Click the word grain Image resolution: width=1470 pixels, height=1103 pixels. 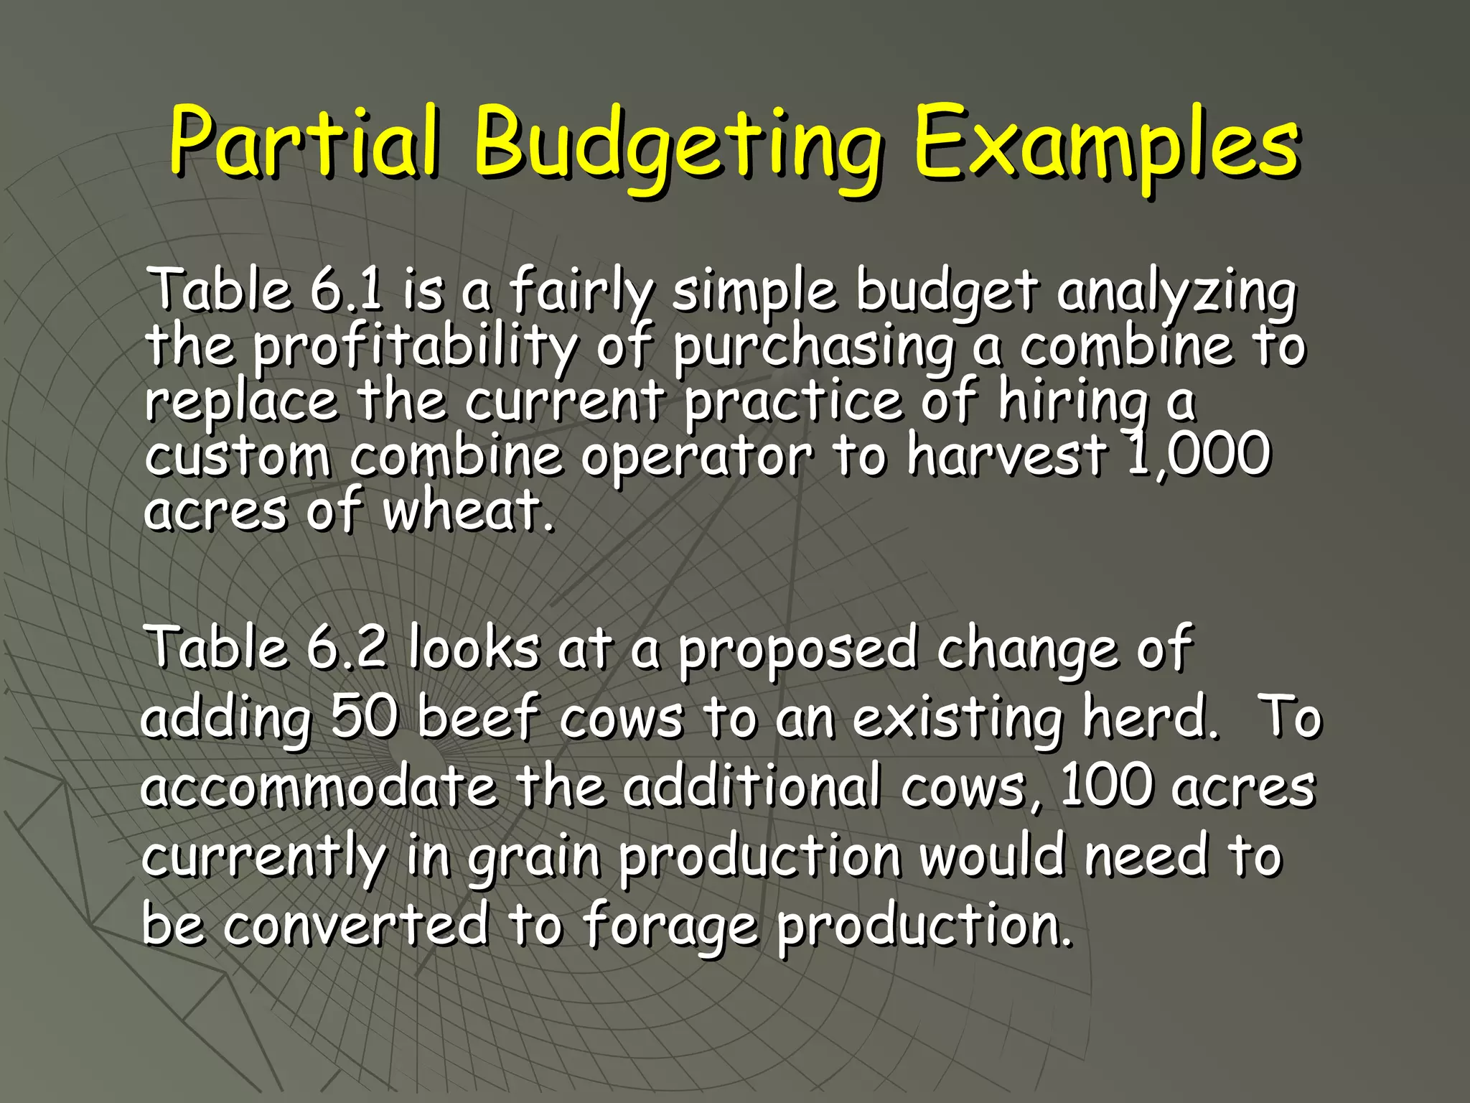[x=535, y=857]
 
